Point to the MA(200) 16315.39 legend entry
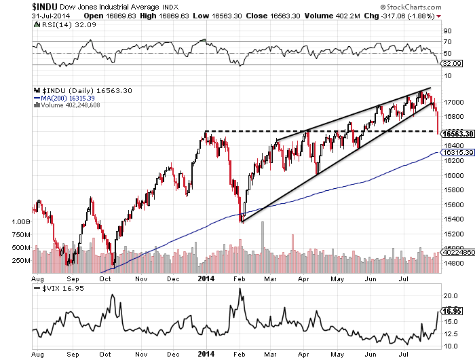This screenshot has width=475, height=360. [x=66, y=97]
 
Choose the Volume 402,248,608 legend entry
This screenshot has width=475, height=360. [x=66, y=105]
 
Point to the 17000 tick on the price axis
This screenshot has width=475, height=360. [x=453, y=103]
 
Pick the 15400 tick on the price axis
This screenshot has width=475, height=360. [x=453, y=219]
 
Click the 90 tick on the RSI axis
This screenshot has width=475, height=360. [x=448, y=31]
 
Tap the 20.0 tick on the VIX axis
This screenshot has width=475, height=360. [x=451, y=296]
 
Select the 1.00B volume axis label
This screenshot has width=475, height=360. [x=22, y=222]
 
